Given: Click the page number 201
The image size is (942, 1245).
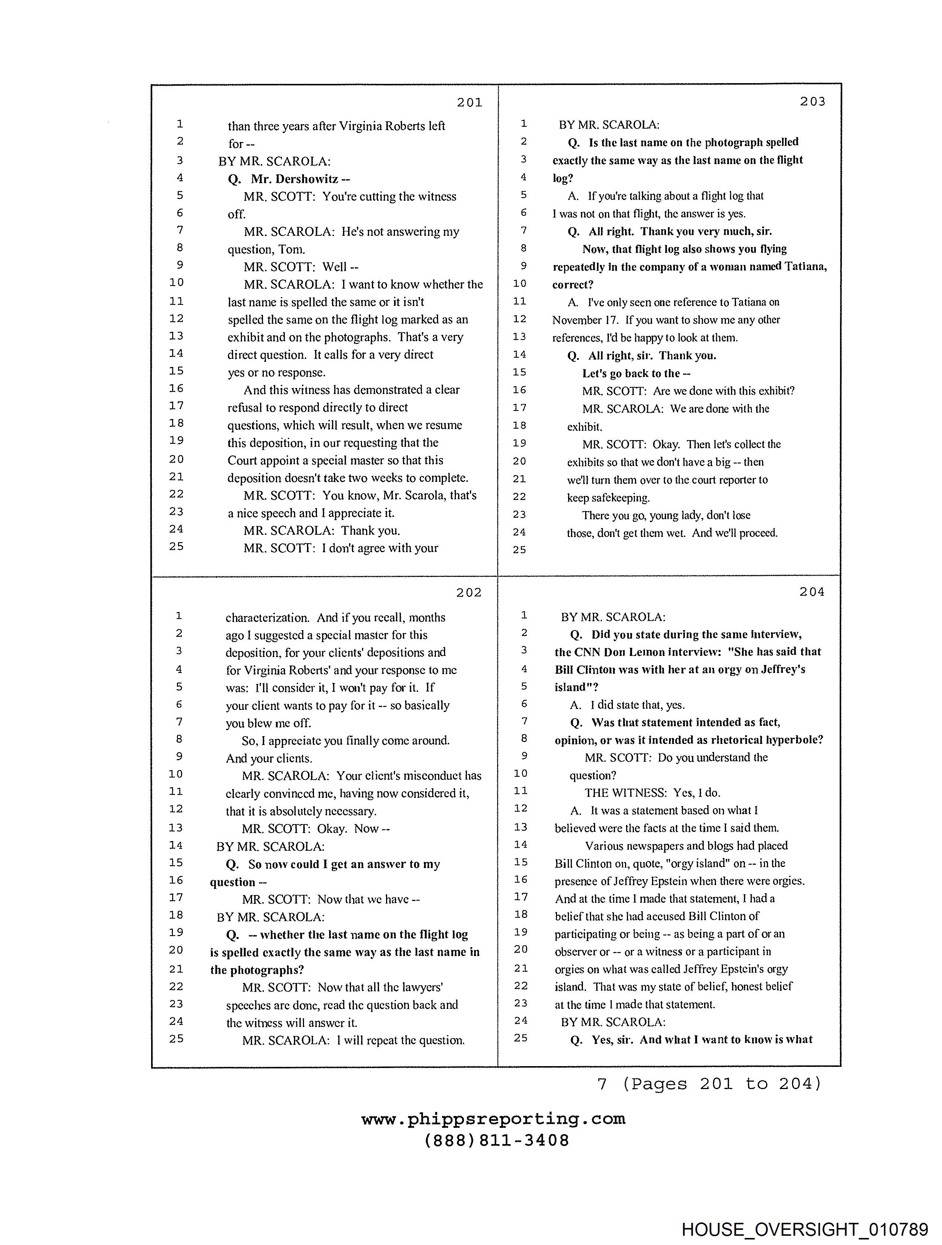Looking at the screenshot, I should pos(469,102).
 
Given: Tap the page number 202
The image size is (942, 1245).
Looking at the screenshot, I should pos(469,593).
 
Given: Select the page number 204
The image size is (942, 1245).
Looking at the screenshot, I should pos(812,592).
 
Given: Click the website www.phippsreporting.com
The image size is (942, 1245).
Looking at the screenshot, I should pos(493,1119).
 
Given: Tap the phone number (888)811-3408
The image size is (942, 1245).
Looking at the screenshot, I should pos(496,1140).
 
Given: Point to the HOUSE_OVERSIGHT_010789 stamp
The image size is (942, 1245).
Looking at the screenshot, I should pos(805,1229).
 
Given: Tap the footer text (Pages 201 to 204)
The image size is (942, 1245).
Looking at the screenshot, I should pos(721,1084).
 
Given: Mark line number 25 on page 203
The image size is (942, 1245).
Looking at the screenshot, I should pos(519,550).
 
